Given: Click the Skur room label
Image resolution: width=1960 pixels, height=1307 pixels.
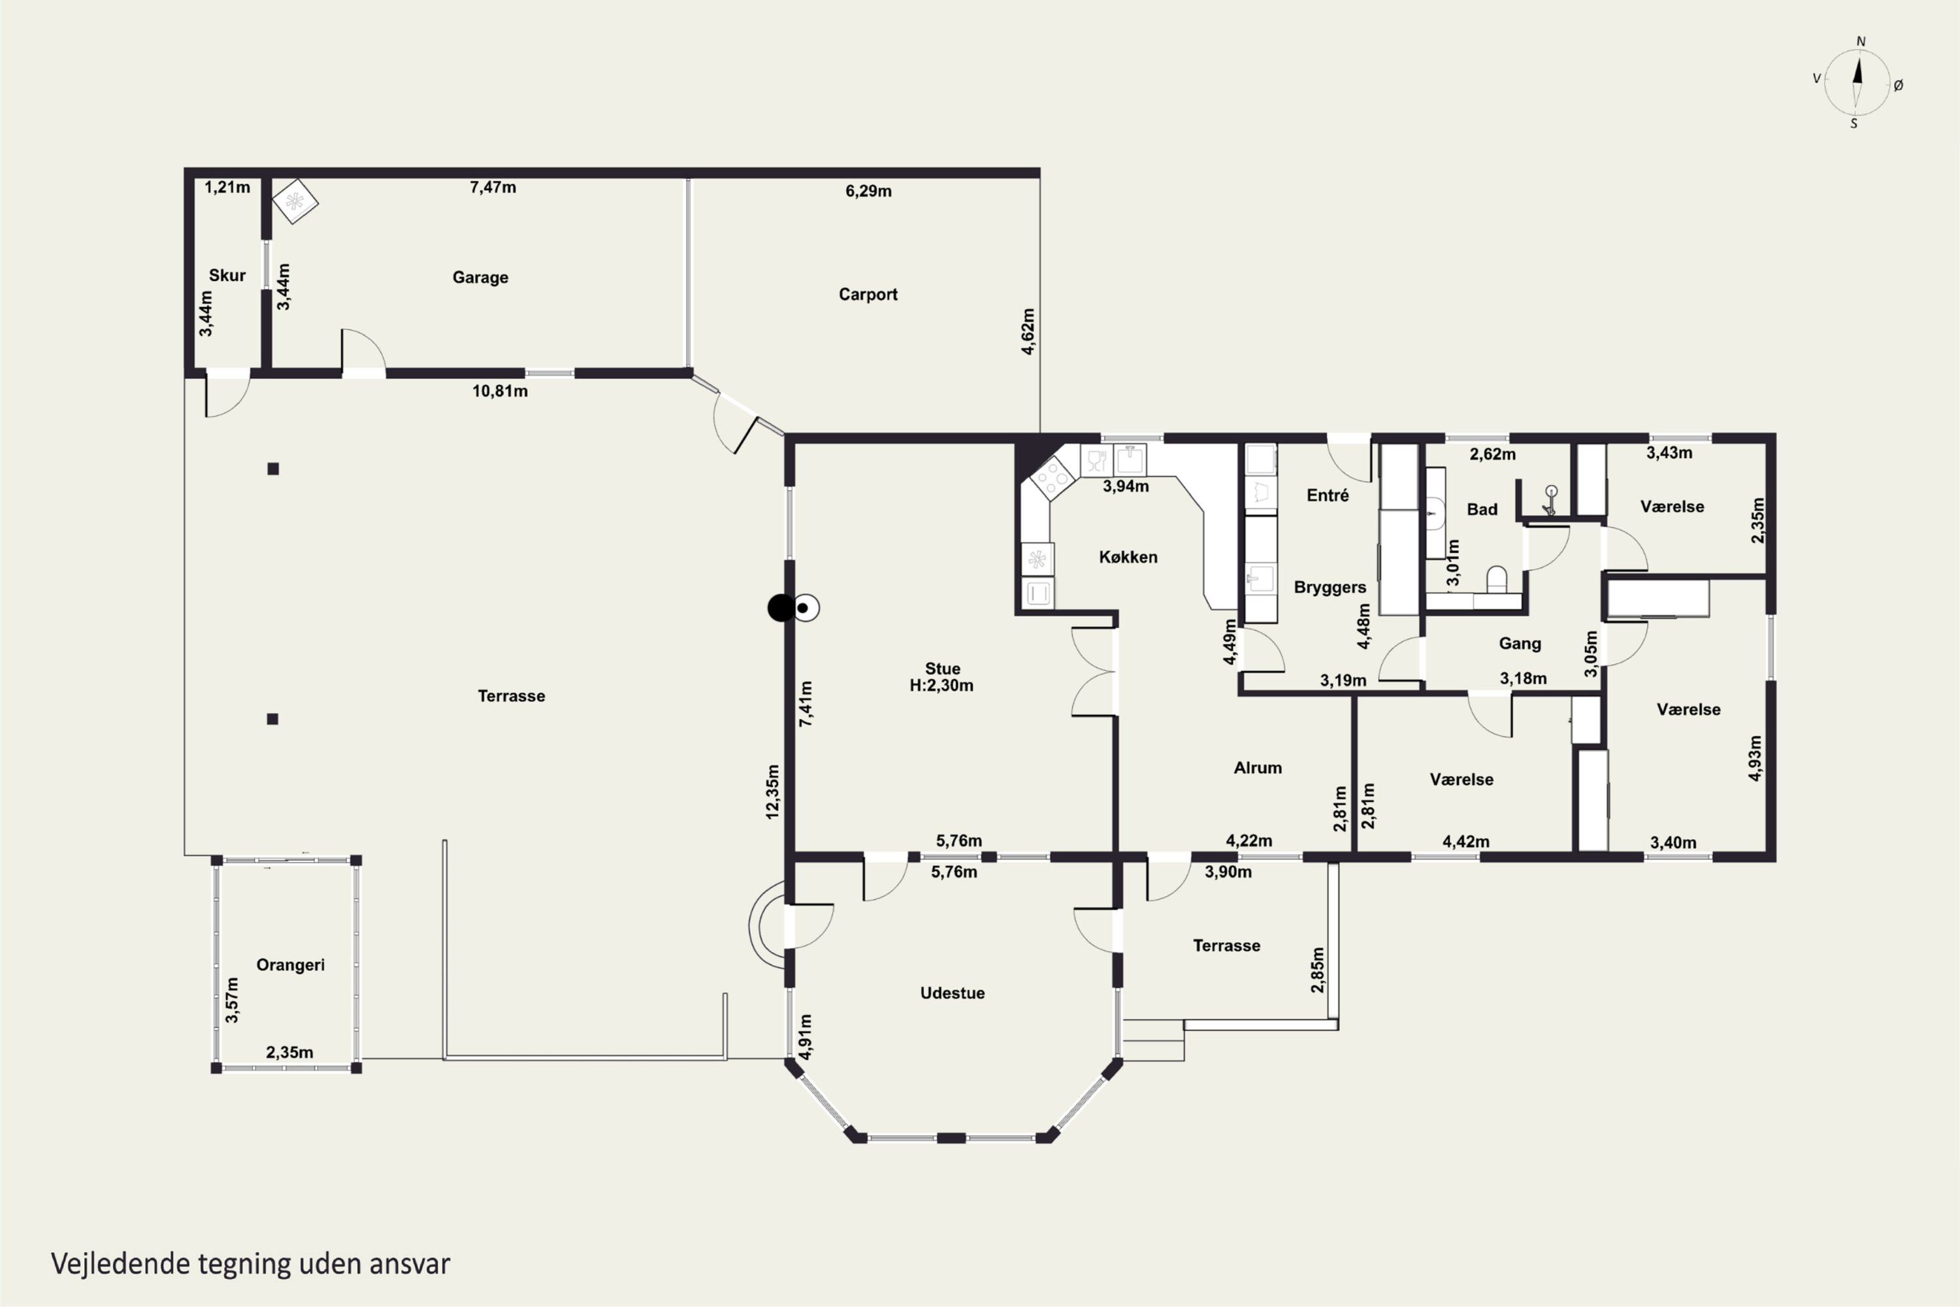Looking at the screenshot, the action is pos(227,275).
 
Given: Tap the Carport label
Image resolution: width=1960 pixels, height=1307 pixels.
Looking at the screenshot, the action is pos(868,294).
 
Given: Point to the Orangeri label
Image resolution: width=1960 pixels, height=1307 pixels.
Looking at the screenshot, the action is pos(290,965).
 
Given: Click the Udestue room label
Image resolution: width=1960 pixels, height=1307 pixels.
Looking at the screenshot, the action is pos(953,993).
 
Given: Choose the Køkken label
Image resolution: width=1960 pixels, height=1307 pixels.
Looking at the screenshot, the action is pos(1128,557).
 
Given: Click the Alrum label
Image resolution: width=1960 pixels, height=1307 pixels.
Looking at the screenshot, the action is pos(1258,768).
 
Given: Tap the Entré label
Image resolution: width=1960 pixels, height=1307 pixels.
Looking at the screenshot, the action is pos(1328,495).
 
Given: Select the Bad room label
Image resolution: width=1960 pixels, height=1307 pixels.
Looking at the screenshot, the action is pos(1482,509).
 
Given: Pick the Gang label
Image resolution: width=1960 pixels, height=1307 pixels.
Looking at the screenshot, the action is pos(1520,644).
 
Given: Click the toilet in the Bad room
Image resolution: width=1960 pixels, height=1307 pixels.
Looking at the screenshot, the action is pos(1497,579).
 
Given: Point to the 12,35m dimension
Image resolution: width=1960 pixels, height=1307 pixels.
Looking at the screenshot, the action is pos(772,792).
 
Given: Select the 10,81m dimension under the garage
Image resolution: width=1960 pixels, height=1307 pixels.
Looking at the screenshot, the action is pos(500,391).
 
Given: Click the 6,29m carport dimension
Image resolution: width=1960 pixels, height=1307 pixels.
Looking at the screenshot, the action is pos(868,191).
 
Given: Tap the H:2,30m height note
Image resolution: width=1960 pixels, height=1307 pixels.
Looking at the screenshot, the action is pos(941,685).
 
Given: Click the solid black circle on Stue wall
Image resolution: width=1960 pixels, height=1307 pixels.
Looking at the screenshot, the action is pos(781,608).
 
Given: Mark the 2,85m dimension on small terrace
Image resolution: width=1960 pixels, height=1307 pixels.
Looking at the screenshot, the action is pos(1318,969).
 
